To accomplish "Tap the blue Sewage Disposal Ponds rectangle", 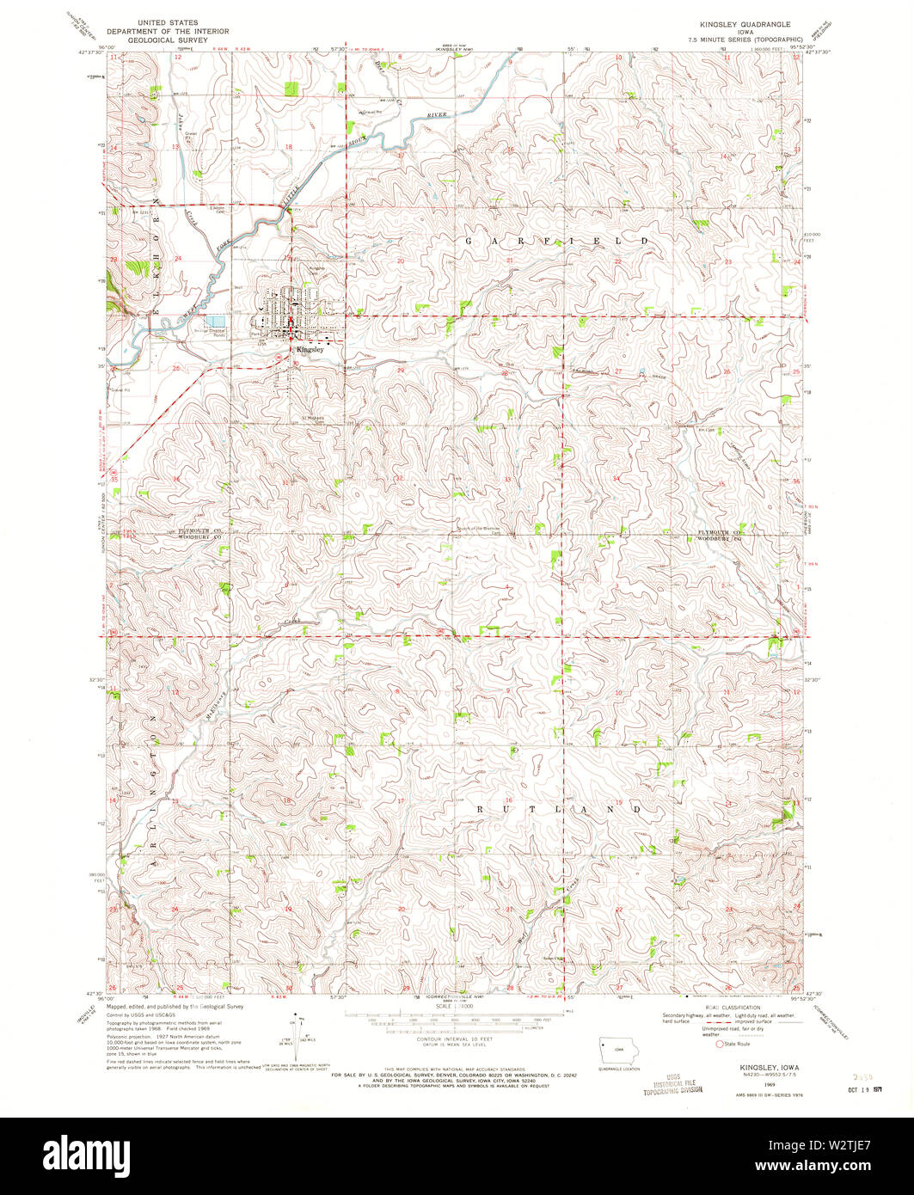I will [215, 320].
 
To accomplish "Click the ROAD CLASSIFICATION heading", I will [735, 1007].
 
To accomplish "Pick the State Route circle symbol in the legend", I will [721, 1045].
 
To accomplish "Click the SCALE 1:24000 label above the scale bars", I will [457, 1006].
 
